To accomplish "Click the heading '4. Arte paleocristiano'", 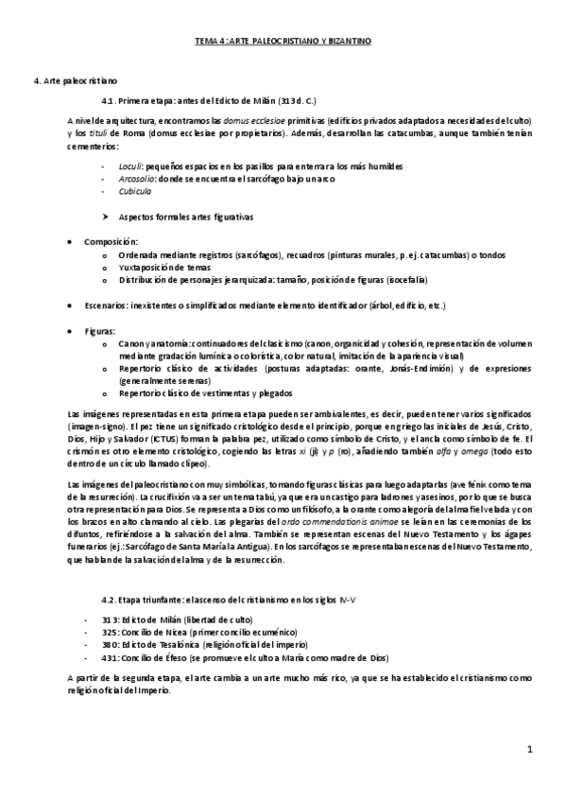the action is [x=76, y=83].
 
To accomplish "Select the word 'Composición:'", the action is [x=111, y=242].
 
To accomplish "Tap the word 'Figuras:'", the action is [x=99, y=331].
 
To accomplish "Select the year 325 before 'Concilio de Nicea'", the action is [x=111, y=632].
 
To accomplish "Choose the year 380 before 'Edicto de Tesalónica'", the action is [x=111, y=644].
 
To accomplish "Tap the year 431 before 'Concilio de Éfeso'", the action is [x=111, y=656].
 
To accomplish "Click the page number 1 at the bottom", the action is [x=530, y=750].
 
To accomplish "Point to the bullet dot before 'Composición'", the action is [x=71, y=242].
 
